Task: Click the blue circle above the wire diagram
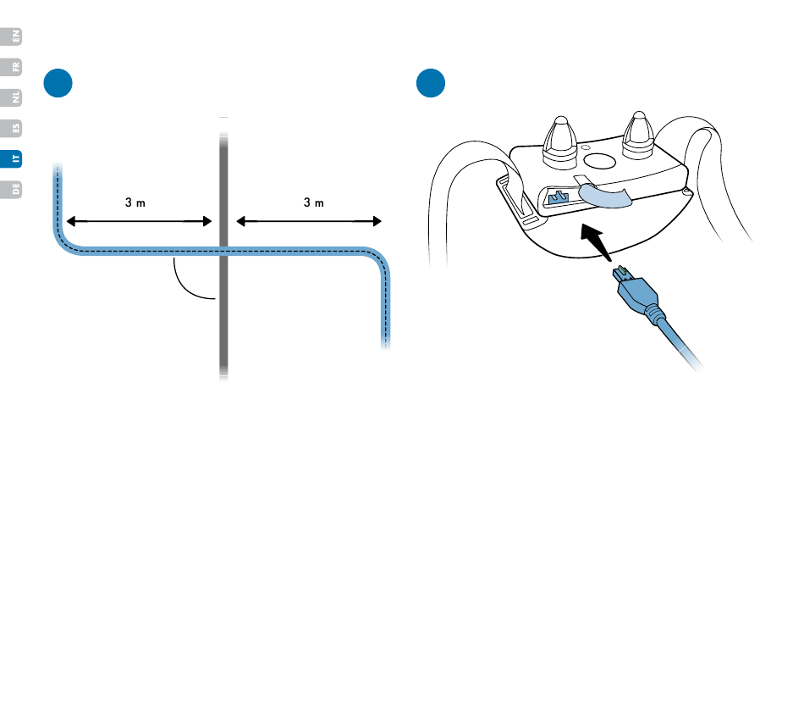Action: pyautogui.click(x=58, y=82)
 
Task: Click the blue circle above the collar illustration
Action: pyautogui.click(x=431, y=82)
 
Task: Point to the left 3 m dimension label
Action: pyautogui.click(x=136, y=203)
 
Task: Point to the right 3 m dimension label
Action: pyautogui.click(x=314, y=203)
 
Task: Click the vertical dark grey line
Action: pyautogui.click(x=223, y=322)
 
